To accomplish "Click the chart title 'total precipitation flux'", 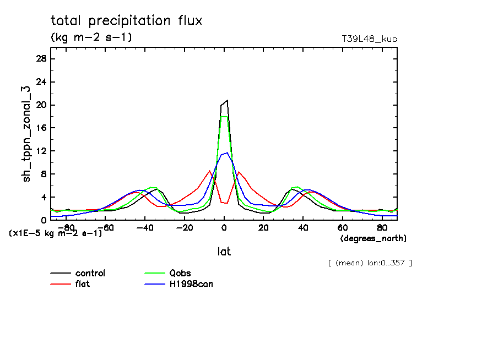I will pyautogui.click(x=127, y=21).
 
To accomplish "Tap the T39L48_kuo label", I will pyautogui.click(x=370, y=39).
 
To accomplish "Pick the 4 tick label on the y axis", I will pyautogui.click(x=44, y=197).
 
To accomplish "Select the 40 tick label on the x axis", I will pyautogui.click(x=303, y=227).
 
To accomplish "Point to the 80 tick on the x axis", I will pyautogui.click(x=382, y=227).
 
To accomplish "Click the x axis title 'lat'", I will pyautogui.click(x=224, y=252).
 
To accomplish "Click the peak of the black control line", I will pyautogui.click(x=227, y=100).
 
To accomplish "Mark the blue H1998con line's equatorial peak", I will pyautogui.click(x=226, y=152).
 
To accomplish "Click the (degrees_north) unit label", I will pyautogui.click(x=373, y=238).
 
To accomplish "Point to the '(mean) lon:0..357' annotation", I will pyautogui.click(x=370, y=263).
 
